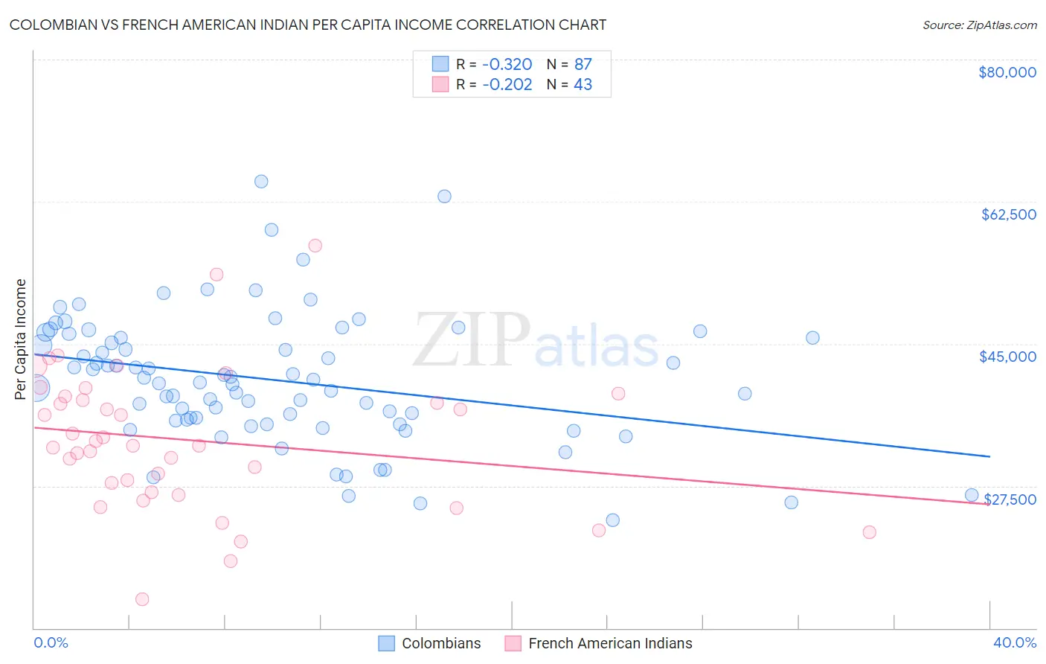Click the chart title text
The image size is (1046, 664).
point(307,25)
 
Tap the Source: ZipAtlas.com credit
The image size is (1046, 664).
point(979,25)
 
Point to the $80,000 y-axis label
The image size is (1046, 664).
point(1007,72)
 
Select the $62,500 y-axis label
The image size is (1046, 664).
point(1008,214)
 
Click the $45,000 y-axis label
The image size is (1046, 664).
point(1007,357)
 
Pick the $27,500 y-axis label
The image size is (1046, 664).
point(1010,499)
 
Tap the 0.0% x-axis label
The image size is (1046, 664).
point(51,642)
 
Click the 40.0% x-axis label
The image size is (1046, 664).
point(1014,642)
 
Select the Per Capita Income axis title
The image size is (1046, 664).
point(21,339)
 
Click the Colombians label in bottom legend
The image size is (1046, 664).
point(441,643)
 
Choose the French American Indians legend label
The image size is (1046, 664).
point(610,643)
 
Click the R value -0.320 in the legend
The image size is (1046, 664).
point(507,64)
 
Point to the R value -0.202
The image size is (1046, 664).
point(507,84)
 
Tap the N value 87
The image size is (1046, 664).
point(583,64)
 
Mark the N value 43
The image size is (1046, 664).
point(583,84)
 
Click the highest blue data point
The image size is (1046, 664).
point(261,182)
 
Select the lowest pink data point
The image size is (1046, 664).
point(142,599)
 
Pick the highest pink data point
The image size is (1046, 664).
point(315,246)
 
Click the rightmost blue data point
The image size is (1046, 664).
point(971,496)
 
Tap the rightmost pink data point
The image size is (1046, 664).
point(869,532)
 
